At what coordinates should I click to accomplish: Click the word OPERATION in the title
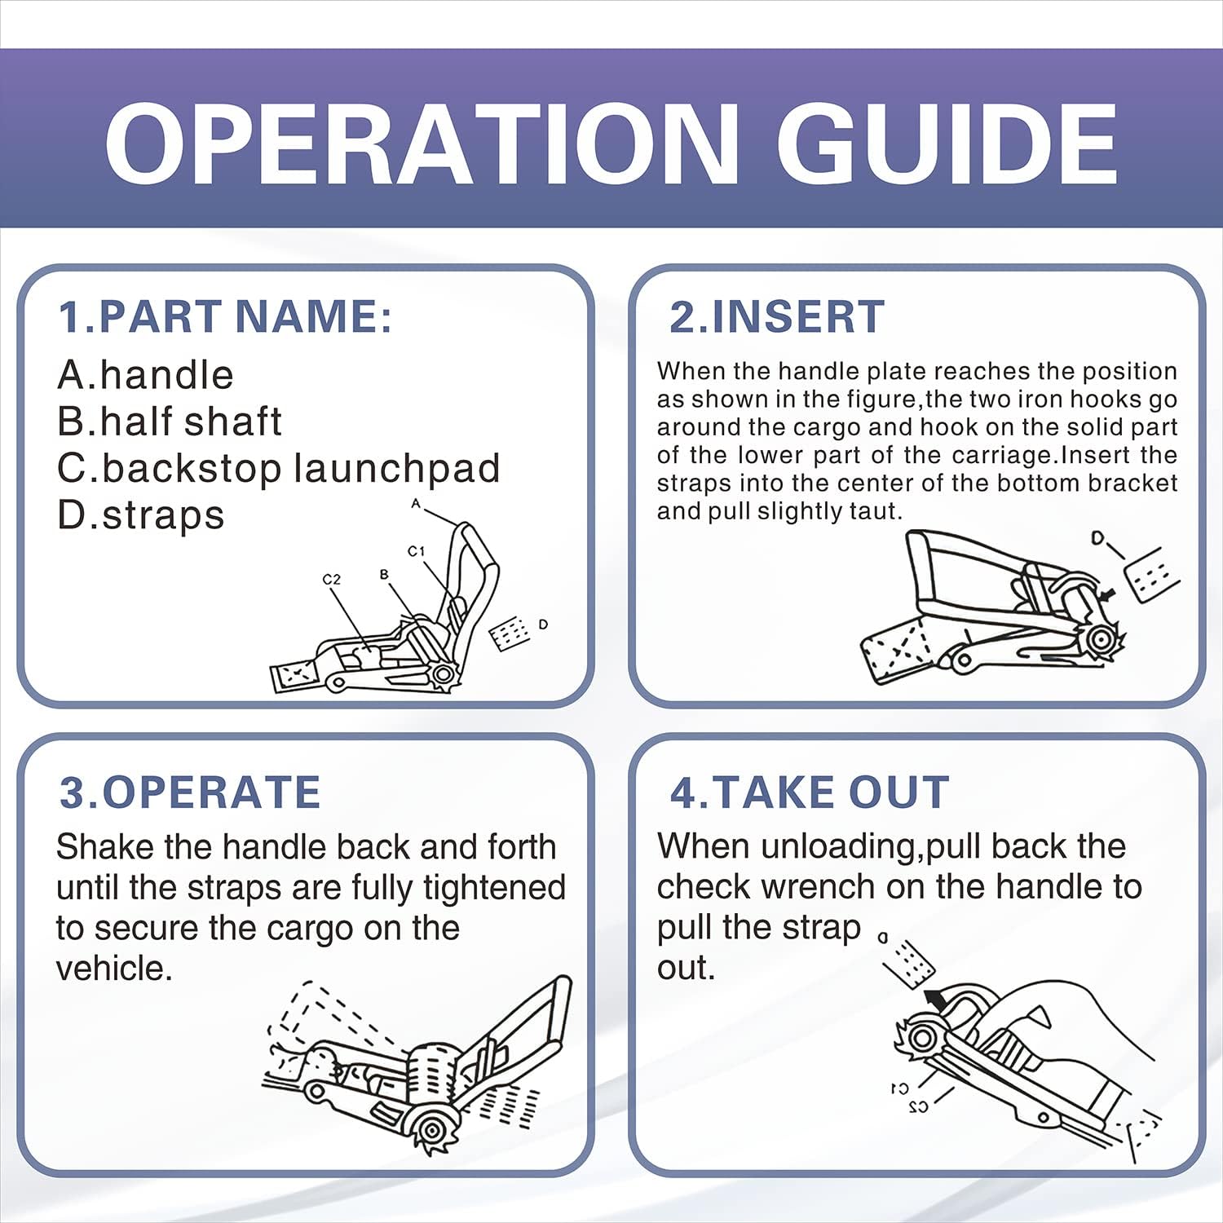[x=422, y=145]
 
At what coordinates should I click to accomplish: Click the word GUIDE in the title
[x=947, y=145]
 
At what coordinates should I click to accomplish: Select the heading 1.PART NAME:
[x=225, y=316]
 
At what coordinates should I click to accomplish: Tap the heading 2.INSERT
[x=776, y=316]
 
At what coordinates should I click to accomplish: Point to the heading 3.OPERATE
[x=190, y=793]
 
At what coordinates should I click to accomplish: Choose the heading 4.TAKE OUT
[x=810, y=793]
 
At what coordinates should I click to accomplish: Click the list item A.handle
[x=145, y=375]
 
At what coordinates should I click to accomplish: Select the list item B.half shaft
[x=170, y=422]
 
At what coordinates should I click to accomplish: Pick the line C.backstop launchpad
[x=278, y=469]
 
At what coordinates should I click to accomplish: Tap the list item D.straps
[x=140, y=515]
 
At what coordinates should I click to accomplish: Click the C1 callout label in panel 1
[x=417, y=551]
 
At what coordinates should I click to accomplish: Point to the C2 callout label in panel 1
[x=331, y=580]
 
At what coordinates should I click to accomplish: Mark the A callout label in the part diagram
[x=416, y=504]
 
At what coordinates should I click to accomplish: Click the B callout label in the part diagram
[x=384, y=574]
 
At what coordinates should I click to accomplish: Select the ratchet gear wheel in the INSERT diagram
[x=1102, y=639]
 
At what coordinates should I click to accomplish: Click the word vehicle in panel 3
[x=113, y=969]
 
